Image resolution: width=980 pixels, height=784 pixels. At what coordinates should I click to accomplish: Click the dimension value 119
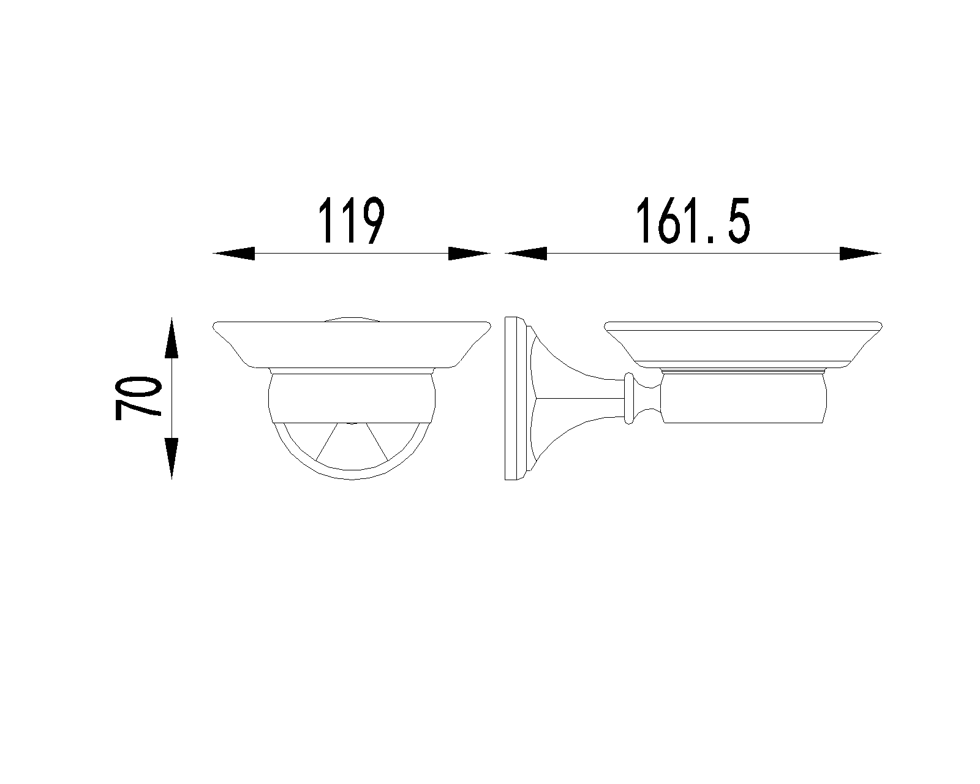[351, 221]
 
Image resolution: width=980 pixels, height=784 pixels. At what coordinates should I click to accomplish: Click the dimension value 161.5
[692, 221]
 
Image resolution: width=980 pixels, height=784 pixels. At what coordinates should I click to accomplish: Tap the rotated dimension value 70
[138, 398]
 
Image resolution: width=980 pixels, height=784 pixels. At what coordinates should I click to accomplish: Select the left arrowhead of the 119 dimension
[233, 254]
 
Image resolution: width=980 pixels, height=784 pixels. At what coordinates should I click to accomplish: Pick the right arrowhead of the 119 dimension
[470, 254]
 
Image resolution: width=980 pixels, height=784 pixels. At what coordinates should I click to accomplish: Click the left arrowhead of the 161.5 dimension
[526, 254]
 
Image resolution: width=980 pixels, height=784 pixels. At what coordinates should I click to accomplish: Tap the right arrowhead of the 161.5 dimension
[861, 254]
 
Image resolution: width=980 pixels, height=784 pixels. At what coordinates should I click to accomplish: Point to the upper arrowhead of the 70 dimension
[171, 337]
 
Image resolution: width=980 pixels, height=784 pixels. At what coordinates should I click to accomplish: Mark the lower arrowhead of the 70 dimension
[171, 458]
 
